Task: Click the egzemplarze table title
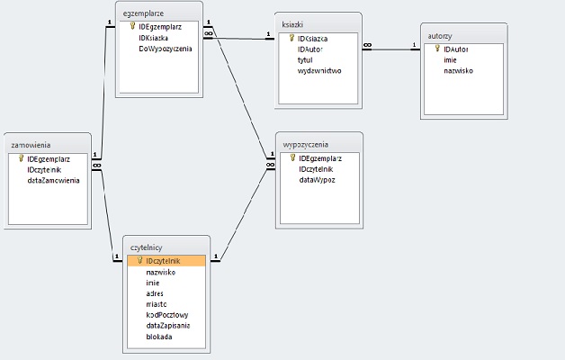point(144,15)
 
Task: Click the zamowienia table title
point(31,144)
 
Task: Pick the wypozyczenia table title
point(306,144)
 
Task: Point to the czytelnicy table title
point(147,247)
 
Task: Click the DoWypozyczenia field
point(166,49)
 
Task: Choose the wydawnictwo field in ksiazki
point(319,70)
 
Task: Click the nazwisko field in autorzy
point(459,70)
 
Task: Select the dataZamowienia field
point(53,180)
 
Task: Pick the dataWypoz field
point(318,180)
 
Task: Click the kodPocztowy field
point(166,315)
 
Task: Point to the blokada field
point(159,337)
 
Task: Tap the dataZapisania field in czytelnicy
point(167,326)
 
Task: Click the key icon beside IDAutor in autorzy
point(437,49)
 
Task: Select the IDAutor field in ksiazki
point(312,49)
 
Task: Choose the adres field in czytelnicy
point(155,292)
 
